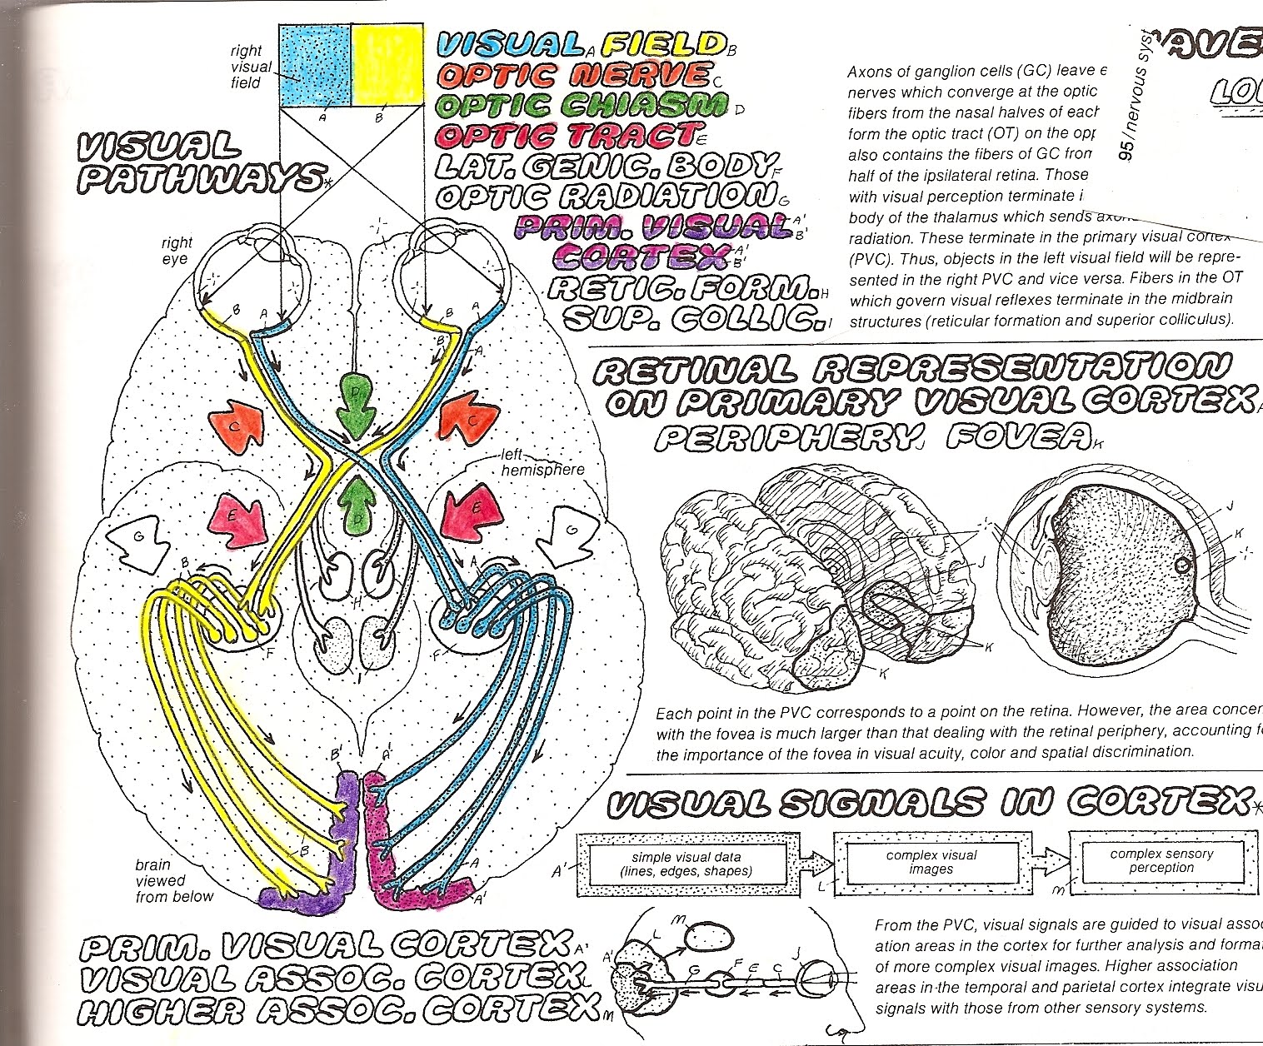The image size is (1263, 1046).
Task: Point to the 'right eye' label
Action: pos(177,251)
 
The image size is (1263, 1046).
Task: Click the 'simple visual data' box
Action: pos(686,864)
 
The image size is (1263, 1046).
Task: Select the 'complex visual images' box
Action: pos(931,862)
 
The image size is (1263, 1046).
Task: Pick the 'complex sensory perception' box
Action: pos(1161,860)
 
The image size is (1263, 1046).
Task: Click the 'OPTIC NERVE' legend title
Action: pos(574,76)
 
